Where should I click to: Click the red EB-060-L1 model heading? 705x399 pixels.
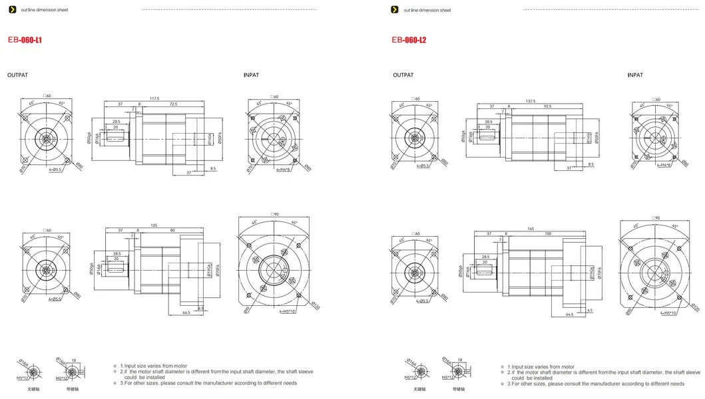pos(26,41)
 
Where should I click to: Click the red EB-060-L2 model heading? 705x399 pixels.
pos(409,41)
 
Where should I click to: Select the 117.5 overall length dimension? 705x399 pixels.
pos(154,99)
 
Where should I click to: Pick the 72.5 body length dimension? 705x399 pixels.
pos(173,105)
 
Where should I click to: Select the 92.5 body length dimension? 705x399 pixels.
pos(547,106)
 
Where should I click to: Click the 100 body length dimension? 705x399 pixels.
pos(547,234)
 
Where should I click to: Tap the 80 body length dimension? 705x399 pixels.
pos(173,231)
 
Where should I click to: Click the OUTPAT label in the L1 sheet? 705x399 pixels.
pos(17,76)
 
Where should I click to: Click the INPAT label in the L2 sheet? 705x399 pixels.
pos(634,75)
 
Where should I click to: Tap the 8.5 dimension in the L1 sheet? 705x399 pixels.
pos(213,169)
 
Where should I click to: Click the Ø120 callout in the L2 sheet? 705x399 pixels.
pos(696,307)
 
